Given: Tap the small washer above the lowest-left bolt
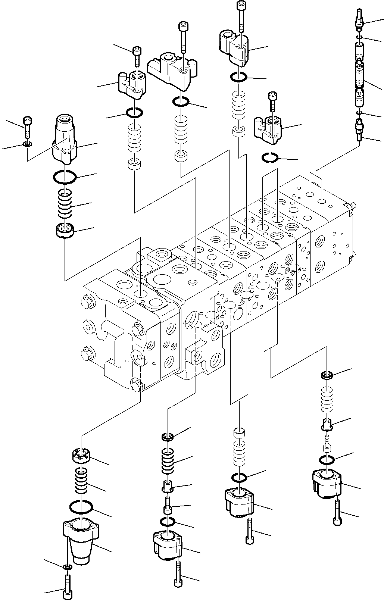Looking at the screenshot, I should coord(67,568).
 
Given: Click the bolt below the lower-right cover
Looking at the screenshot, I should coord(337,513).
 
